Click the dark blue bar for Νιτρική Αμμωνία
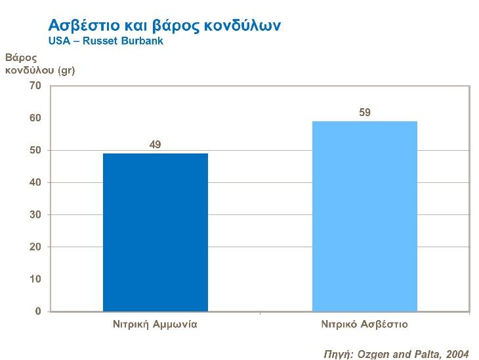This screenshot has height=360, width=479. [156, 232]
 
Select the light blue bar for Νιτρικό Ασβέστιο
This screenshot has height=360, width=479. [364, 216]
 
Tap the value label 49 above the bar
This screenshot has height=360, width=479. [156, 144]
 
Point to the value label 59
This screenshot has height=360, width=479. [365, 112]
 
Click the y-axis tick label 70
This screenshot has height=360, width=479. [35, 86]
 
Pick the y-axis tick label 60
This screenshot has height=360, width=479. [35, 118]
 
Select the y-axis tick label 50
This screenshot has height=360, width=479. [35, 150]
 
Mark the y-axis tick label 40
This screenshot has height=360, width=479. [35, 182]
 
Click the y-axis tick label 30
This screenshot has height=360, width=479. [35, 214]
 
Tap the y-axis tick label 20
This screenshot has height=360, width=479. [35, 247]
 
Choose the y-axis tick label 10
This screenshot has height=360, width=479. [35, 279]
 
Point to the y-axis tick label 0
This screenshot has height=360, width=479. [38, 311]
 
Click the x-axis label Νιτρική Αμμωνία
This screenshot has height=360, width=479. [156, 324]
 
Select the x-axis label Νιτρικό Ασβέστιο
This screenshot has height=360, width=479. [365, 324]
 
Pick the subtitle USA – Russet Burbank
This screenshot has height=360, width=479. [106, 41]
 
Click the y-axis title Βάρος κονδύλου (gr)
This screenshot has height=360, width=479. [40, 64]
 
